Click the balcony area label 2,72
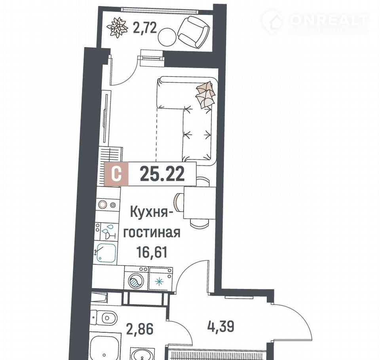[145, 28]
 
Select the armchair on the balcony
[194, 32]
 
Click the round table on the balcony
[167, 36]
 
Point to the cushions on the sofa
[205, 95]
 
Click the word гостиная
[152, 233]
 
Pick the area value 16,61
[152, 252]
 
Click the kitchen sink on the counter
[106, 253]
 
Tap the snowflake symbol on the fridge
[159, 282]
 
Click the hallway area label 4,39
[221, 326]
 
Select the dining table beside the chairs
[199, 203]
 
